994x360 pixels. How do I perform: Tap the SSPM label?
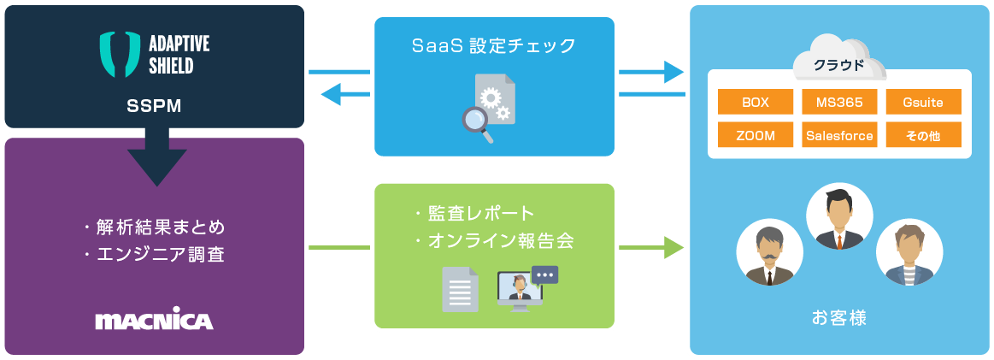point(155,106)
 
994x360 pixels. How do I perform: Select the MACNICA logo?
point(154,321)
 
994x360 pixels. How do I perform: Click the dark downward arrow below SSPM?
point(156,157)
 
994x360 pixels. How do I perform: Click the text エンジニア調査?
point(155,254)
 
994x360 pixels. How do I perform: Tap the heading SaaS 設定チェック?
point(493,44)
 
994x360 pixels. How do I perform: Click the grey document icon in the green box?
point(460,288)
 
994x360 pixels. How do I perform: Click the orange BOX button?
point(755,103)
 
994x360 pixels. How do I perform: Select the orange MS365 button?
point(839,103)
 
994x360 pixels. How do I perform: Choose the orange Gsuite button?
point(923,103)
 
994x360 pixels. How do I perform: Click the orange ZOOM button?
point(755,135)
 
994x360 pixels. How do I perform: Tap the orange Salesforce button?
point(839,135)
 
